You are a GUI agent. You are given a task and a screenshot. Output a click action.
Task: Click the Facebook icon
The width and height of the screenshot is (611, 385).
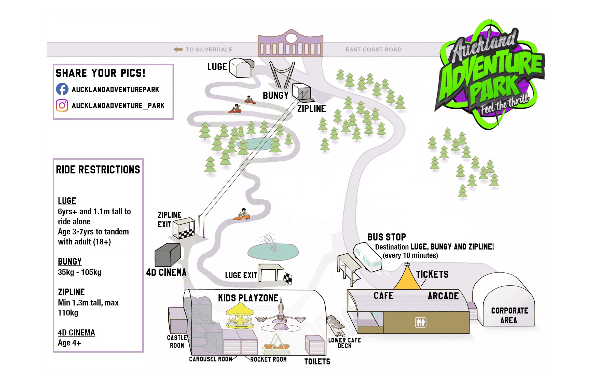pyautogui.click(x=62, y=89)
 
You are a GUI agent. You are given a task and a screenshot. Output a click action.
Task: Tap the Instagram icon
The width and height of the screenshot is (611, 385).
pyautogui.click(x=62, y=105)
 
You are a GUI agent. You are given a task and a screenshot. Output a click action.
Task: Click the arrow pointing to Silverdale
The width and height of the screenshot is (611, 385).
pyautogui.click(x=178, y=49)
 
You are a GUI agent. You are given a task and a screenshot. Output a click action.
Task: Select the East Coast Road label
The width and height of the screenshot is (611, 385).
pyautogui.click(x=373, y=49)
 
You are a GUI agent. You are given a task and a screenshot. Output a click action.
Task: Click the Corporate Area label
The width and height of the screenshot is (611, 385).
pyautogui.click(x=509, y=315)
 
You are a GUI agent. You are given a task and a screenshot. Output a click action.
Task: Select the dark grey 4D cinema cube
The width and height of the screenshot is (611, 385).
pyautogui.click(x=168, y=255)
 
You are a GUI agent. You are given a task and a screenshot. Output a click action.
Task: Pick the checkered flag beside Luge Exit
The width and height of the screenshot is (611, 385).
pyautogui.click(x=287, y=278)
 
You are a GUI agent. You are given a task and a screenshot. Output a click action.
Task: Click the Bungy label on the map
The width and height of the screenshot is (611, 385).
pyautogui.click(x=276, y=96)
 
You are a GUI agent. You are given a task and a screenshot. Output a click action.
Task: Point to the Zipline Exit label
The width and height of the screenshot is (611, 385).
pyautogui.click(x=169, y=220)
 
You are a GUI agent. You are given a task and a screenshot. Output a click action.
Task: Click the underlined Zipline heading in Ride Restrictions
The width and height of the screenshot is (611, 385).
pyautogui.click(x=71, y=292)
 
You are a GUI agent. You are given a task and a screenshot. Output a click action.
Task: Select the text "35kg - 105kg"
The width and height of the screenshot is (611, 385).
pyautogui.click(x=79, y=272)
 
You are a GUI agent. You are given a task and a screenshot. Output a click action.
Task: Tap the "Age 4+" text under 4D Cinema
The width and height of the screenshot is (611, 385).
pyautogui.click(x=69, y=343)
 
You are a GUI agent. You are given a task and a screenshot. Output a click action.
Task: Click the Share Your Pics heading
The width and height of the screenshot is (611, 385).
pyautogui.click(x=101, y=73)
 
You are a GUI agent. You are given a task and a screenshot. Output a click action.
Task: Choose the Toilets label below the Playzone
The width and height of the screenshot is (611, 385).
pyautogui.click(x=317, y=362)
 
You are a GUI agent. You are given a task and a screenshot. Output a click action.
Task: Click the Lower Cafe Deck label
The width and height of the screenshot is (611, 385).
pyautogui.click(x=344, y=343)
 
